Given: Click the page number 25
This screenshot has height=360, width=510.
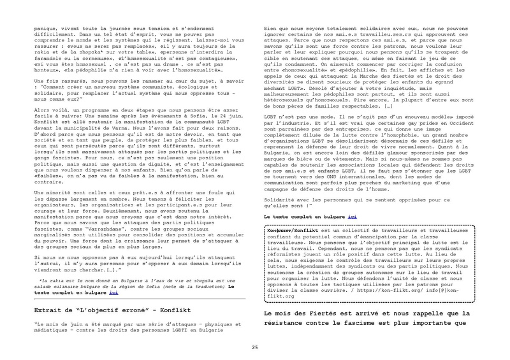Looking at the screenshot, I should (255, 346).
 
